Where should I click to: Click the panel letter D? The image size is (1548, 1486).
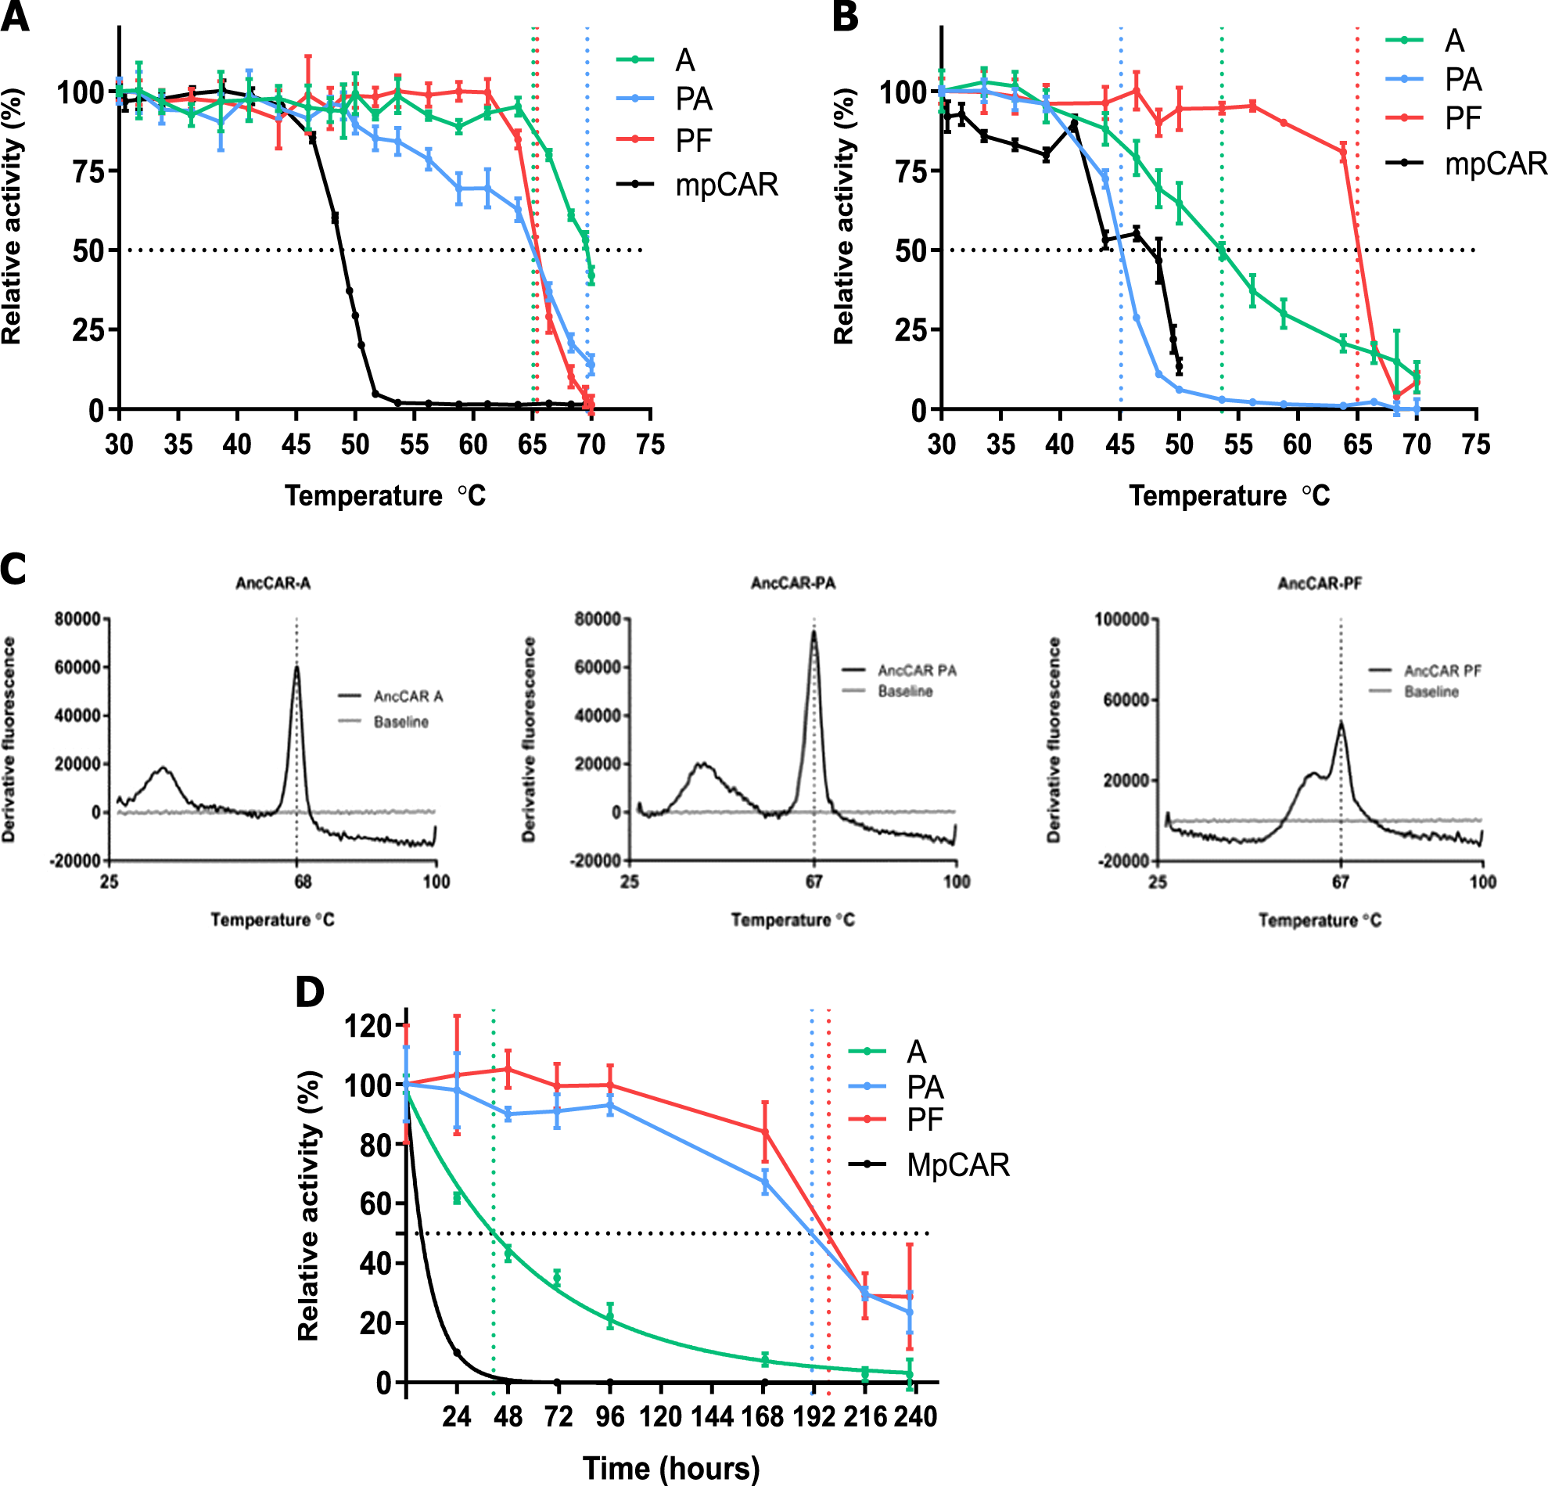(309, 992)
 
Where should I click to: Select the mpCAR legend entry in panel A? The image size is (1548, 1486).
(726, 185)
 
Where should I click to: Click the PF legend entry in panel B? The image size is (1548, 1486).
(1463, 118)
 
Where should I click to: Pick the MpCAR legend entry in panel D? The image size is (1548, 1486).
(957, 1165)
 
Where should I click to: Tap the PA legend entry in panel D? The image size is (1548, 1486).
(925, 1088)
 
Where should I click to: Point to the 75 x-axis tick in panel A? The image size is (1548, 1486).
(650, 444)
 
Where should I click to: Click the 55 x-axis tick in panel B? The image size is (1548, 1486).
(1237, 444)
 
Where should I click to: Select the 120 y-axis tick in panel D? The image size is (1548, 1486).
(368, 1026)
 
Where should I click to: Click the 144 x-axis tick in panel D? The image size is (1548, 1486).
(713, 1416)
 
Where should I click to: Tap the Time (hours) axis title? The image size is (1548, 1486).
(671, 1468)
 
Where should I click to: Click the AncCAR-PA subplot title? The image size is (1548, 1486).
(793, 583)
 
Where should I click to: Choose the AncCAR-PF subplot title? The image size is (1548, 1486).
(1320, 583)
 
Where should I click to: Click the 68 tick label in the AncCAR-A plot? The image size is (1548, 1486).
(303, 881)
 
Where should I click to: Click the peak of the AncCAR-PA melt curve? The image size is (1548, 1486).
(814, 631)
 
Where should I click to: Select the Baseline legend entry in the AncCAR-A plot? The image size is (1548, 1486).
(400, 722)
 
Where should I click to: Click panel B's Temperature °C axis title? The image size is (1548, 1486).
(1229, 495)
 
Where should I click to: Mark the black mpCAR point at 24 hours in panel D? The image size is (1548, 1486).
(457, 1352)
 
